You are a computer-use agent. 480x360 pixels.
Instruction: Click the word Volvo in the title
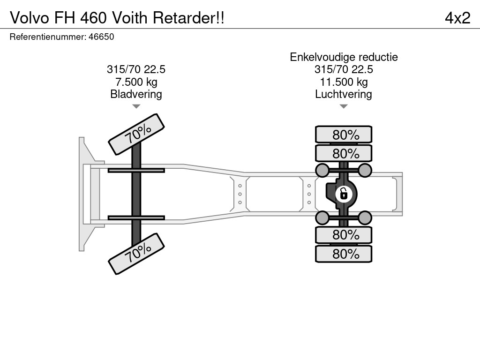tap(30, 18)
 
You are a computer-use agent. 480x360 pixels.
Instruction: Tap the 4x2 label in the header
tap(457, 18)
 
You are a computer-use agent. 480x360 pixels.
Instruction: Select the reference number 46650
tap(101, 37)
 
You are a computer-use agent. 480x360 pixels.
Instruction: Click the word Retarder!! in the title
tap(188, 18)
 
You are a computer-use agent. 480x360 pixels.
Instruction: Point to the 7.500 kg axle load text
tap(136, 82)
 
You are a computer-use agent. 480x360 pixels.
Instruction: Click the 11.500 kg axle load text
tap(344, 82)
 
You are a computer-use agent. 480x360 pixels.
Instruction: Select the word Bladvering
tap(136, 94)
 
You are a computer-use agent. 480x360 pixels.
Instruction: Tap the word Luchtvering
tap(344, 94)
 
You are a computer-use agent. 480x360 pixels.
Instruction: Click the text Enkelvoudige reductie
tap(344, 57)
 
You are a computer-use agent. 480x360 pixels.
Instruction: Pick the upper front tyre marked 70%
tap(136, 135)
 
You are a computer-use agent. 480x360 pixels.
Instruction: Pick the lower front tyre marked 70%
tap(136, 254)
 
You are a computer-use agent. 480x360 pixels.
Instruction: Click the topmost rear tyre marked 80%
tap(344, 135)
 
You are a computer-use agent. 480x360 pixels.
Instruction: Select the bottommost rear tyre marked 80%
tap(344, 254)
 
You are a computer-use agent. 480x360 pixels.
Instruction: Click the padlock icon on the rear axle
tap(344, 194)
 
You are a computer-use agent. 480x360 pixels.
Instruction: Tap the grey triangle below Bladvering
tap(136, 106)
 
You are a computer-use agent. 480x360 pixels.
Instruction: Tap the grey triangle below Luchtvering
tap(344, 106)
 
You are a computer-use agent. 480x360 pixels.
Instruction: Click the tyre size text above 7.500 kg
tap(136, 69)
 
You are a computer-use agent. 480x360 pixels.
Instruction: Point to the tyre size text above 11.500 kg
tap(344, 69)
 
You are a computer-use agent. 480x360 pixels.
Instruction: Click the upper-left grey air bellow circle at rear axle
tap(322, 170)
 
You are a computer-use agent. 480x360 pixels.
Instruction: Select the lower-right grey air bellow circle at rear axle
tap(365, 218)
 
